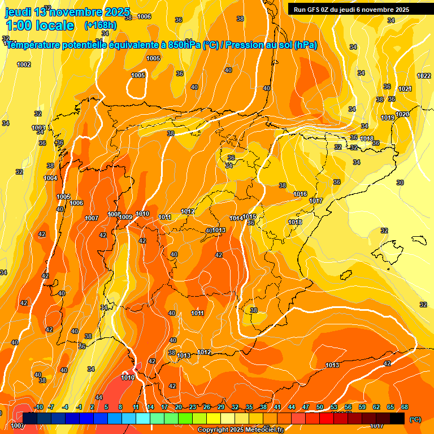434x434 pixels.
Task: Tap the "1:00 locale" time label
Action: [40, 25]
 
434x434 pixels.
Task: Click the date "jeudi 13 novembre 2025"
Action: [68, 12]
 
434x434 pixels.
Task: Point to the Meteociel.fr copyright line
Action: [240, 429]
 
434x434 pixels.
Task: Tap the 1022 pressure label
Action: [424, 76]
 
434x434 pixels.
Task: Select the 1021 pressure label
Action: [405, 89]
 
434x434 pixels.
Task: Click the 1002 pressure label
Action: [24, 64]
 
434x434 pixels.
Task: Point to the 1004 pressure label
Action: [50, 178]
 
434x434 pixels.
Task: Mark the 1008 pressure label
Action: [114, 214]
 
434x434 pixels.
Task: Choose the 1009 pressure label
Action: [125, 217]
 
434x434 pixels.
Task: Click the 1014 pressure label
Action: [236, 218]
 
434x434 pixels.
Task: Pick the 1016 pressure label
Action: [300, 194]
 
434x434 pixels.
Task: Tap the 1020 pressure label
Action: [402, 114]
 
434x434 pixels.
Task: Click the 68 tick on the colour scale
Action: [405, 407]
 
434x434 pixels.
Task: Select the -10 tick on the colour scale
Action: [38, 407]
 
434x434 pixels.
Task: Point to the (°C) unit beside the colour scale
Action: [415, 419]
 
